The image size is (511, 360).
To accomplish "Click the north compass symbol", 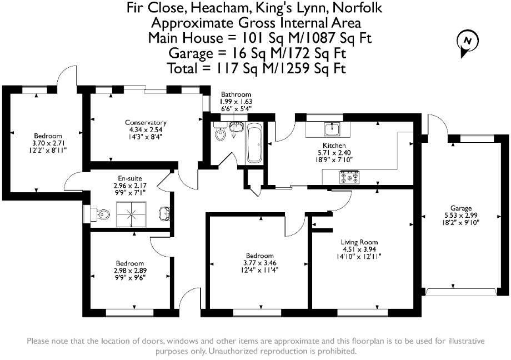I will [467, 42].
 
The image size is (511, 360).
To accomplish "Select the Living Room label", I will [359, 242].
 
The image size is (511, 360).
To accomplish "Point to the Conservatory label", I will [146, 123].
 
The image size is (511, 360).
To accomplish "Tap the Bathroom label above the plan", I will [236, 94].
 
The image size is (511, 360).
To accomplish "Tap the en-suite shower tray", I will [132, 213].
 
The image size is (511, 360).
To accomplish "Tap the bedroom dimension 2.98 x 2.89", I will [130, 271].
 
